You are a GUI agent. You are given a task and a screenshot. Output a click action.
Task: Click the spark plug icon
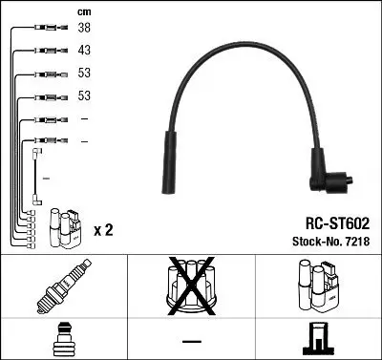pyautogui.click(x=64, y=286)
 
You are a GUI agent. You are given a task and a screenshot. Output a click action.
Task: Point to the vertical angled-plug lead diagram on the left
pyautogui.click(x=36, y=177)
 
